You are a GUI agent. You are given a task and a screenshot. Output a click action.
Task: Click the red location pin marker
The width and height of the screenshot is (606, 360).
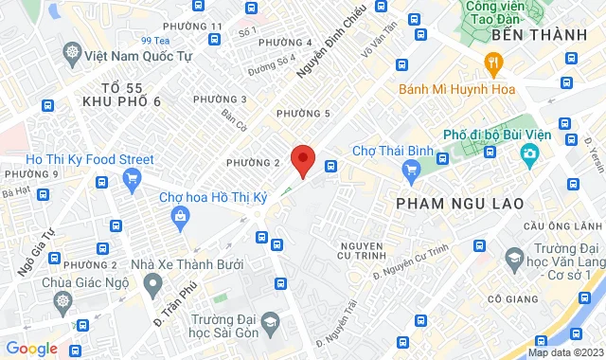click(302, 160)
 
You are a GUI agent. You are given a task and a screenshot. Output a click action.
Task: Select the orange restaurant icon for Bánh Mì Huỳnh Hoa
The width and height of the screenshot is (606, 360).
click(492, 63)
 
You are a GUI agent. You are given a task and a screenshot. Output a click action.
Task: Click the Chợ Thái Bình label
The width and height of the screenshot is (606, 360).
click(391, 151)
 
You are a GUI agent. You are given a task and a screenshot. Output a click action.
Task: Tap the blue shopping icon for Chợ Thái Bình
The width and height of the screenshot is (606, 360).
click(410, 171)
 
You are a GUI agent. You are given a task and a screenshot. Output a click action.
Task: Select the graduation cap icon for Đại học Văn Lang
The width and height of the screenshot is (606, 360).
click(515, 258)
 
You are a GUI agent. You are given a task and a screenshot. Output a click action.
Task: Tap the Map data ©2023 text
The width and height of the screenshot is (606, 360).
click(564, 352)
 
